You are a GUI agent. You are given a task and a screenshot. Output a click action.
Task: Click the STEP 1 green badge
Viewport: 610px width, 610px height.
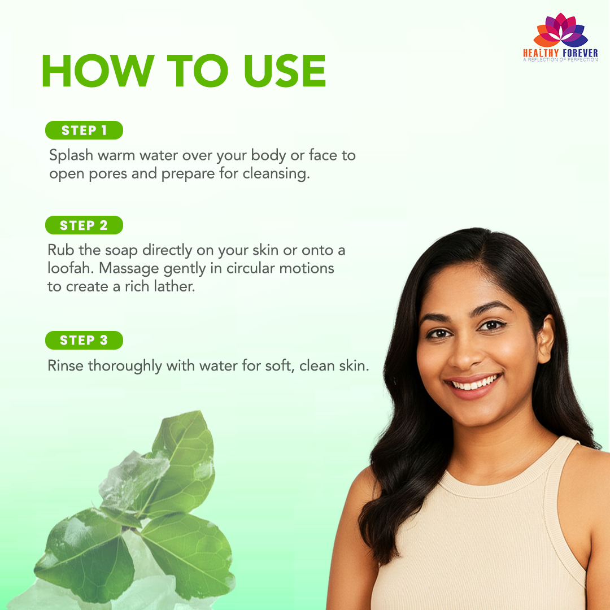[x=84, y=130]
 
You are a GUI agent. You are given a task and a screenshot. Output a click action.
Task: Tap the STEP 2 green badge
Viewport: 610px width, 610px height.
[x=84, y=225]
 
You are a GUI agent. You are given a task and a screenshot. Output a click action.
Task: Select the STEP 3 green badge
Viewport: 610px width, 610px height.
[x=84, y=341]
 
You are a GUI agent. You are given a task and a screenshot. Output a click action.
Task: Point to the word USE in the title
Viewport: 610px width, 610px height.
[x=285, y=71]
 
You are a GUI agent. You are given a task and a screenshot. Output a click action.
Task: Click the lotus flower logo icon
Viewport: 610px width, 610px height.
[x=561, y=30]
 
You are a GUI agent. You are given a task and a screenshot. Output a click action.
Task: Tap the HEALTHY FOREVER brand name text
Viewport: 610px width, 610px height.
[x=560, y=53]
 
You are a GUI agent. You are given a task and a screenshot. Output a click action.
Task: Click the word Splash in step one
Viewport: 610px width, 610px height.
[x=71, y=156]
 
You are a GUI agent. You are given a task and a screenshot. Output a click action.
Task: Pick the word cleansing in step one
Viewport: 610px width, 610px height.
[x=276, y=174]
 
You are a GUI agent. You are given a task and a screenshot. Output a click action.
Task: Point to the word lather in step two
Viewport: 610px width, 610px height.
[x=175, y=287]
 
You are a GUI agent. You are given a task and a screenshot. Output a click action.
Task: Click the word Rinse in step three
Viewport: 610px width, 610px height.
[x=66, y=366]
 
